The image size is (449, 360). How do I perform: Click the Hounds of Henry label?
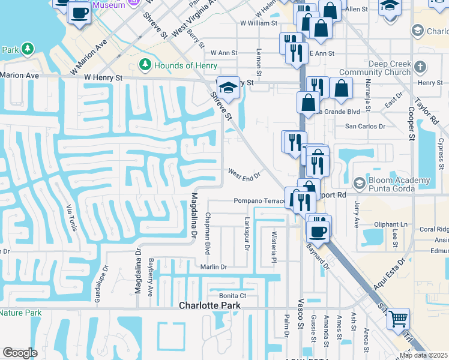click(185, 65)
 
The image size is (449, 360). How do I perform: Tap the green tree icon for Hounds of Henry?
click(144, 64)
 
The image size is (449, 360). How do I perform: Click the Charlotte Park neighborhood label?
click(209, 305)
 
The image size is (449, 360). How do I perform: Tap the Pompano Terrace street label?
click(259, 201)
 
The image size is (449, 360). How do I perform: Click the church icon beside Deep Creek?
click(420, 66)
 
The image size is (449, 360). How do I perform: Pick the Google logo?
click(20, 353)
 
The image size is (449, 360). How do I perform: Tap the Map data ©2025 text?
click(424, 355)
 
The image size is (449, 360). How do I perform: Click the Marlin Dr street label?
click(214, 267)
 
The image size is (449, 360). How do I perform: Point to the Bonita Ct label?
click(233, 296)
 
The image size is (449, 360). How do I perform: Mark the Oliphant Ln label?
click(390, 225)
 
